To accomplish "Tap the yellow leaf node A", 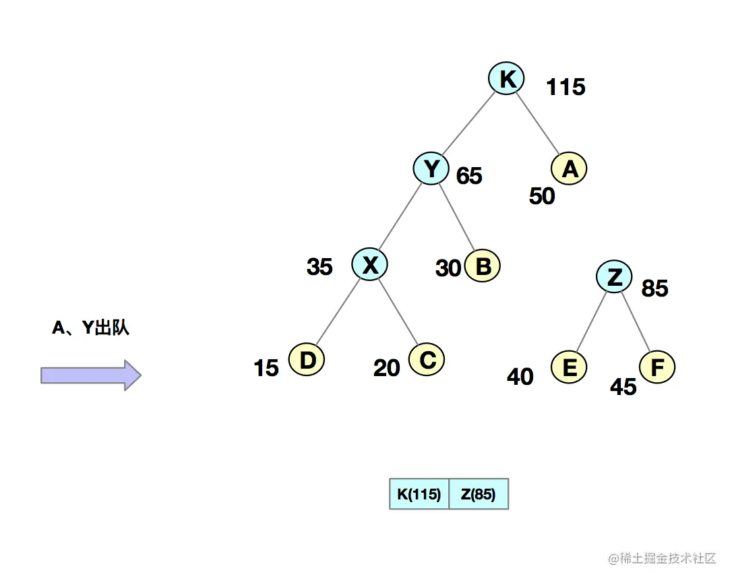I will (569, 169).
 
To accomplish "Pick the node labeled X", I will (369, 265).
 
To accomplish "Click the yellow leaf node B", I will (483, 266).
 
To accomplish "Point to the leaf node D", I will (307, 360).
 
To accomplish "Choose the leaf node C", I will (427, 360).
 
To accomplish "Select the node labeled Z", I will (614, 276).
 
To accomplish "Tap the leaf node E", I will (569, 368).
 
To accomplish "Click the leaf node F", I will (657, 368).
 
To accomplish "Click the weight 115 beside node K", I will (566, 87).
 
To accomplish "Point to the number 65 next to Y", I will (469, 176).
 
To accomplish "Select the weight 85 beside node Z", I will (654, 288).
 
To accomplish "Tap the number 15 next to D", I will (266, 368).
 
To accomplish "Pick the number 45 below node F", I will (623, 387).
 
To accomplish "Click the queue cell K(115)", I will (419, 494).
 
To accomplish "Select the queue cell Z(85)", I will (479, 494).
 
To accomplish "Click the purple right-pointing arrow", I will (91, 375).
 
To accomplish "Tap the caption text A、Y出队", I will (90, 328).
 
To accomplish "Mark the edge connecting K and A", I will (538, 122).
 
